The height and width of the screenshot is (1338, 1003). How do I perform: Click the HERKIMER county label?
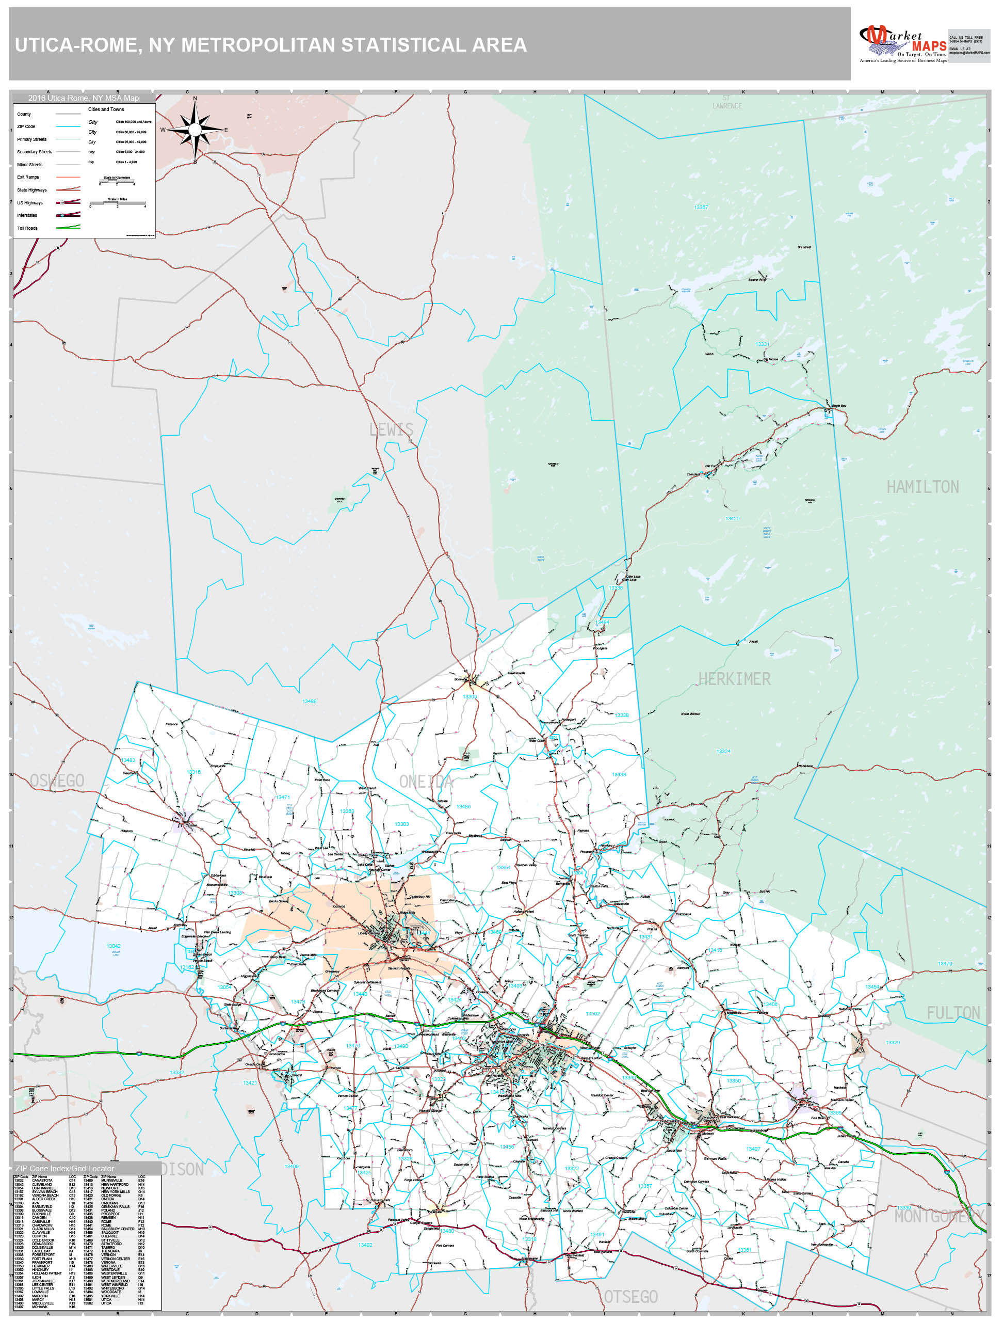tap(734, 679)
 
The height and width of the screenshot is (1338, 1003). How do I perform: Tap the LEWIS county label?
tap(391, 429)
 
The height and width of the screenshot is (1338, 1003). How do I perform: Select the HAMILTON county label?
tap(922, 487)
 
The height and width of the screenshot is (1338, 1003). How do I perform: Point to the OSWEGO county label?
tap(57, 780)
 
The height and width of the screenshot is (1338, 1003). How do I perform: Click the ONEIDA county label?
tap(425, 782)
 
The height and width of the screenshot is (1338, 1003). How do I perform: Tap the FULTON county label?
tap(953, 1013)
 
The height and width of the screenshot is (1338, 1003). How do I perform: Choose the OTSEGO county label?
tap(630, 1296)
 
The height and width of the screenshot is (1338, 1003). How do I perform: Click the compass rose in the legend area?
tap(195, 130)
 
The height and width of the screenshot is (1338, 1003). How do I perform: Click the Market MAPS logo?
tap(902, 43)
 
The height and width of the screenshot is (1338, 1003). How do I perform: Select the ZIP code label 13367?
tap(701, 208)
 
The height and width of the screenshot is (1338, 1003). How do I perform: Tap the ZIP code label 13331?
tap(763, 344)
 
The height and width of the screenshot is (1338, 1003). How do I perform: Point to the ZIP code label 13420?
tap(732, 518)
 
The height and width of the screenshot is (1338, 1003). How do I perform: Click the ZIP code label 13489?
tap(309, 702)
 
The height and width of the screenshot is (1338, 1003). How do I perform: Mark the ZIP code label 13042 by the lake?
tap(114, 946)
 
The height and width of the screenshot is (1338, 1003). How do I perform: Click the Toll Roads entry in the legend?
tap(28, 228)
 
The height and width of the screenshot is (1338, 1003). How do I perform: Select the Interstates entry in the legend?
tap(27, 215)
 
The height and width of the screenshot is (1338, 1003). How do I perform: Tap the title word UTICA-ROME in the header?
tap(77, 45)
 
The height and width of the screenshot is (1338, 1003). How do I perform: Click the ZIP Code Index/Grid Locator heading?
tap(64, 1168)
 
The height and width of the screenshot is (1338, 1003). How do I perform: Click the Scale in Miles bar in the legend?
tap(117, 204)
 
